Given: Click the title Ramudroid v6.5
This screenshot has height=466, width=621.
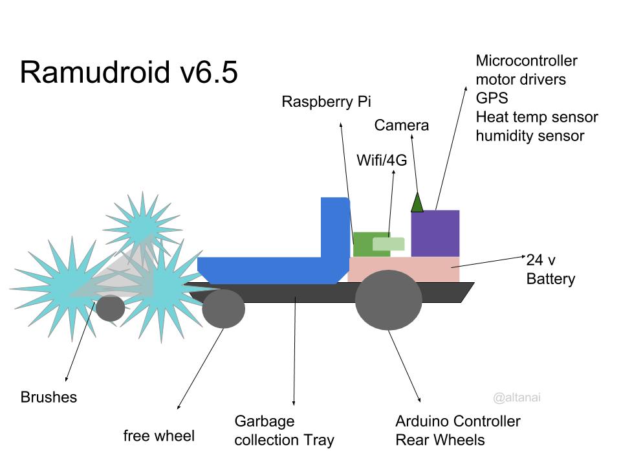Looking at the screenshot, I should pyautogui.click(x=129, y=72).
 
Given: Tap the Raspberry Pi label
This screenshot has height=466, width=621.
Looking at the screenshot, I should pyautogui.click(x=327, y=102).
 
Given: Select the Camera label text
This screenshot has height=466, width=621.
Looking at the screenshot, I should pyautogui.click(x=401, y=126).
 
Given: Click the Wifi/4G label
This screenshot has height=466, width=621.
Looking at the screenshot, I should pyautogui.click(x=382, y=161).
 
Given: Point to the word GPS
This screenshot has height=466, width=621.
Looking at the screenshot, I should pyautogui.click(x=492, y=98).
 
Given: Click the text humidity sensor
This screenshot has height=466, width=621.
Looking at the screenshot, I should pyautogui.click(x=530, y=136).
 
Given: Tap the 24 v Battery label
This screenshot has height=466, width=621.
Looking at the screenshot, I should pyautogui.click(x=550, y=270).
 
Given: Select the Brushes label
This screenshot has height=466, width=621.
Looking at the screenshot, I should pyautogui.click(x=49, y=397).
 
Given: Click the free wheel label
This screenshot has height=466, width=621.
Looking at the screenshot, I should pyautogui.click(x=158, y=436).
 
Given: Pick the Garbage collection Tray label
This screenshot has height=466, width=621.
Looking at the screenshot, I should pyautogui.click(x=284, y=431).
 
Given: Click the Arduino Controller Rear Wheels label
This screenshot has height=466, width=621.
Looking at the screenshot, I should pyautogui.click(x=457, y=431).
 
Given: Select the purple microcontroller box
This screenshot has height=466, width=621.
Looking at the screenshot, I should pyautogui.click(x=435, y=233).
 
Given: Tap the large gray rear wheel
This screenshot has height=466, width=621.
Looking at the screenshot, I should pyautogui.click(x=388, y=300).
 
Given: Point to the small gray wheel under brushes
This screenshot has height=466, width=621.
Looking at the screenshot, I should pyautogui.click(x=111, y=308).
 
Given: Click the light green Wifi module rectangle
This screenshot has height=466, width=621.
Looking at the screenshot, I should pyautogui.click(x=388, y=244).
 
